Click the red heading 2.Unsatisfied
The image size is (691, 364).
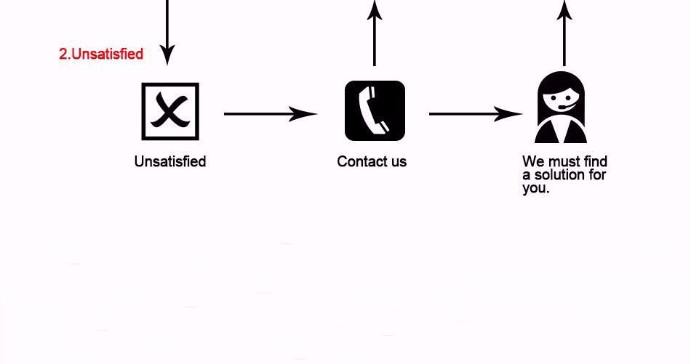[101, 54]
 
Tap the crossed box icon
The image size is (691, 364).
[169, 111]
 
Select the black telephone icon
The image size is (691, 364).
[375, 110]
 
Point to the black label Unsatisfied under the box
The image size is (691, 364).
[170, 161]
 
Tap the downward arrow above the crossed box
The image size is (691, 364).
[167, 33]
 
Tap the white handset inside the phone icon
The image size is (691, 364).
[374, 110]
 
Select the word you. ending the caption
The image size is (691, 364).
[535, 188]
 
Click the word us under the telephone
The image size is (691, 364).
[399, 161]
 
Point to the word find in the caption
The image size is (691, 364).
[596, 161]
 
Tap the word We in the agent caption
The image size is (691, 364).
[533, 161]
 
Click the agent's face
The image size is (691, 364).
[561, 99]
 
